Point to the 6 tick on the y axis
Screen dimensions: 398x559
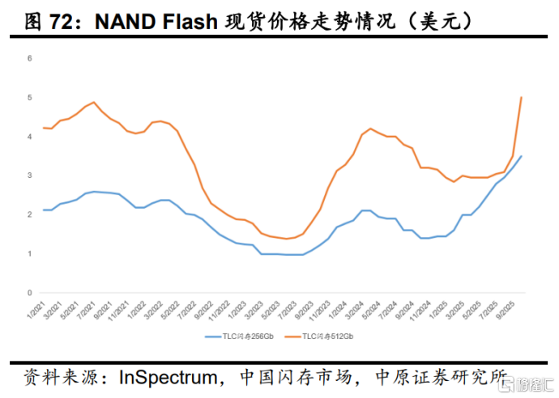tap(29, 58)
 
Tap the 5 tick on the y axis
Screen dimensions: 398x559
tap(29, 98)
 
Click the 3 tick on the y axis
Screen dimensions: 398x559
tap(29, 176)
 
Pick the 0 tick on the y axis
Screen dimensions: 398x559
tap(29, 293)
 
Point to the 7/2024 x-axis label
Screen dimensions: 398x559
tap(393, 308)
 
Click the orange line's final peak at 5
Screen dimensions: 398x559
tap(521, 98)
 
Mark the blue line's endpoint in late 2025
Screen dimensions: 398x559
tap(521, 156)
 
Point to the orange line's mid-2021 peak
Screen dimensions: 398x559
tap(94, 102)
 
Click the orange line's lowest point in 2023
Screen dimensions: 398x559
tap(287, 239)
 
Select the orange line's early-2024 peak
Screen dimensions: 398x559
tap(370, 129)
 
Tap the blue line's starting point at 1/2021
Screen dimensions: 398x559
tap(43, 210)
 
